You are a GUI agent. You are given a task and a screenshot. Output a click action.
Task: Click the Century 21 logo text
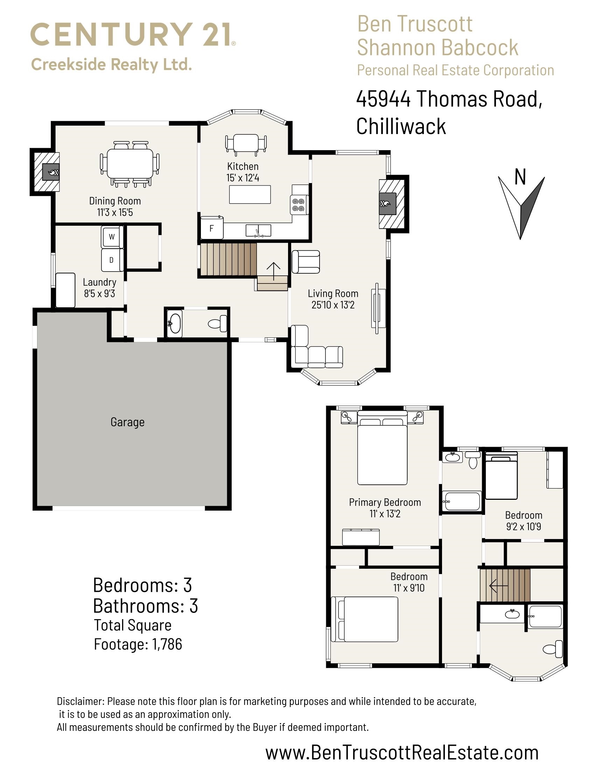[x=133, y=35]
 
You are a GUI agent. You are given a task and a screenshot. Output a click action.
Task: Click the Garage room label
[x=127, y=422]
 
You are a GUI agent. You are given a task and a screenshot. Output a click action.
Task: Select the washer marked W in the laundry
[x=112, y=237]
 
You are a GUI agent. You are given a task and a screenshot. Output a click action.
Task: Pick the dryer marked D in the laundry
[x=112, y=260]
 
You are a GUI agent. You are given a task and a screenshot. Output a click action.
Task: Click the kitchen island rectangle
[x=250, y=194]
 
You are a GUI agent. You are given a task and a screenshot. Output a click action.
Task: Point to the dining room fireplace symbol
[x=51, y=173]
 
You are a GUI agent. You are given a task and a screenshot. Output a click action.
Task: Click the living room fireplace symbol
[x=387, y=204]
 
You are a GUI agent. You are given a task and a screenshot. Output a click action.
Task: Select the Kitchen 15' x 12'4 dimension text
[x=243, y=178]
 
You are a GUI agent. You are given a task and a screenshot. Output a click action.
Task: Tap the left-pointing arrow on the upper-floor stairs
[x=498, y=586]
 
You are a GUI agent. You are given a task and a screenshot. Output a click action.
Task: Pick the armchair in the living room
[x=306, y=261]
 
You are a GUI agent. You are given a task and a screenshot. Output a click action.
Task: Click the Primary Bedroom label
[x=385, y=502]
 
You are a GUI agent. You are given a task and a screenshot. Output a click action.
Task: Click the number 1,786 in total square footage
[x=167, y=644]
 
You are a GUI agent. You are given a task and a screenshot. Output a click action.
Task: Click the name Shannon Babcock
[x=437, y=48]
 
